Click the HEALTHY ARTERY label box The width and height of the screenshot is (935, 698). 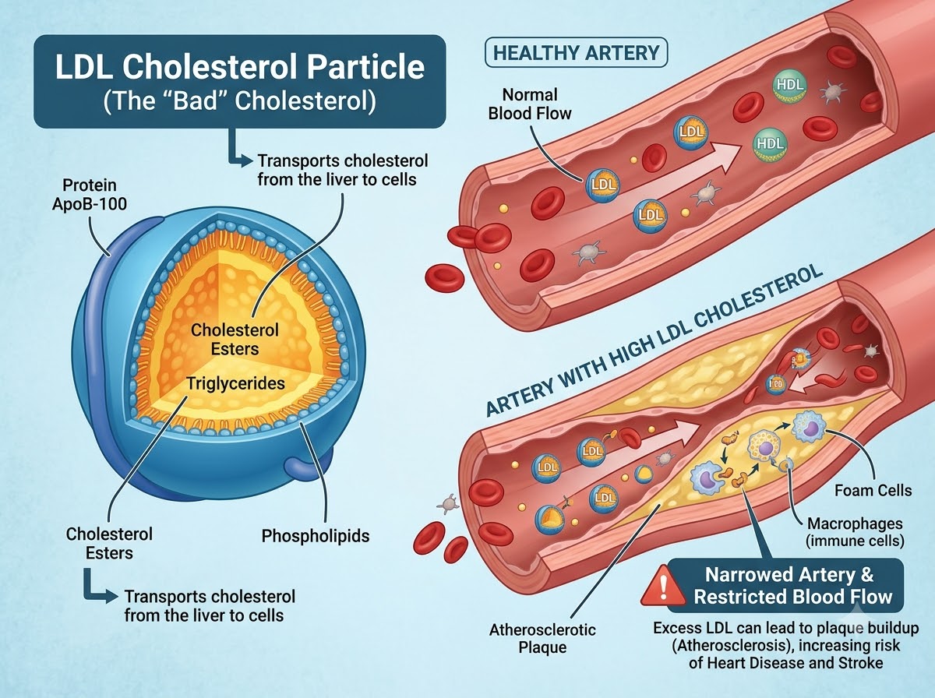pyautogui.click(x=576, y=53)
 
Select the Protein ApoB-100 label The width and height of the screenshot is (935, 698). pyautogui.click(x=90, y=195)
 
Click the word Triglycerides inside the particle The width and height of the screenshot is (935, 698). pyautogui.click(x=235, y=383)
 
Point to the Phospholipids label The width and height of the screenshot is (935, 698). pyautogui.click(x=316, y=536)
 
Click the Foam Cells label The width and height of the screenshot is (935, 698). pyautogui.click(x=873, y=491)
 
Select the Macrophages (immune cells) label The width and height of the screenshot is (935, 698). pyautogui.click(x=855, y=532)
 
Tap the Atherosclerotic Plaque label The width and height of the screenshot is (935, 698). pyautogui.click(x=542, y=638)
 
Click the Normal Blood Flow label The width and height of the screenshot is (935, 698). pyautogui.click(x=530, y=104)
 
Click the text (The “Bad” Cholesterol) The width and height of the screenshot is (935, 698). pyautogui.click(x=240, y=101)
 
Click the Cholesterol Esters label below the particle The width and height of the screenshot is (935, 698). pyautogui.click(x=109, y=544)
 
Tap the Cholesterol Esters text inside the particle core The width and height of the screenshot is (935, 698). pyautogui.click(x=235, y=340)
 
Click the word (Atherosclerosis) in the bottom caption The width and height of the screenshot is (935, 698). pyautogui.click(x=729, y=646)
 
